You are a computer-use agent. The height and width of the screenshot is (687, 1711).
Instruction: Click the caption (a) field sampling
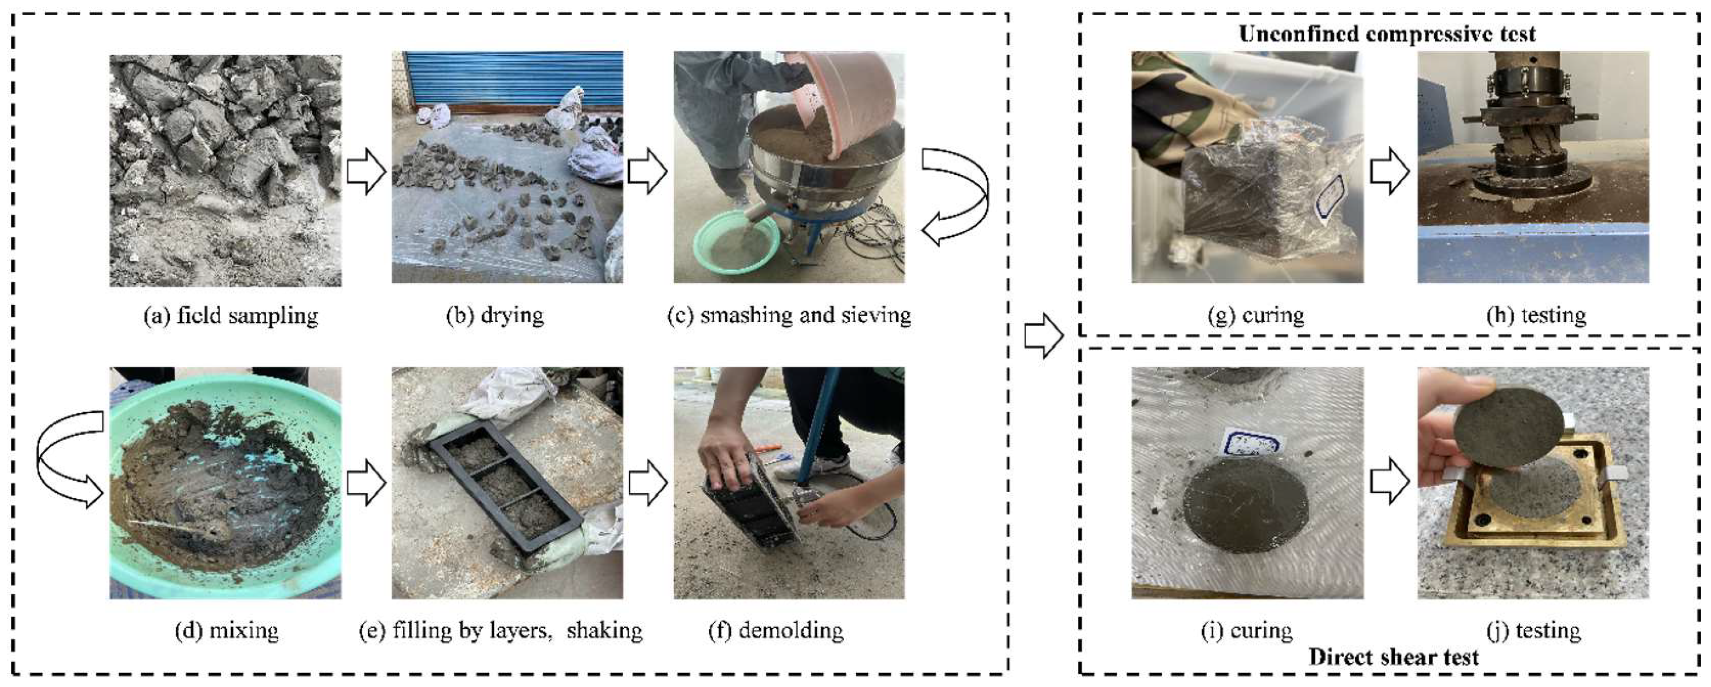230,315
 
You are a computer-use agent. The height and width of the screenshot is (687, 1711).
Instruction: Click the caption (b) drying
494,315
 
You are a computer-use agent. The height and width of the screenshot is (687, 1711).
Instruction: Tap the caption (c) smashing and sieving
789,315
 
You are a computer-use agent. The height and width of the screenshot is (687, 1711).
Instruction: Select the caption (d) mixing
227,630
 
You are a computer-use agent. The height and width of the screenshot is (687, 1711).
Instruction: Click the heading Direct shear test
1393,657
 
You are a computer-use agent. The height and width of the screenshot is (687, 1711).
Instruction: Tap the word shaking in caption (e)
604,630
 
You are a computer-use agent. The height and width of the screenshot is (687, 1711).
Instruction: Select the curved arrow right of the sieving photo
954,196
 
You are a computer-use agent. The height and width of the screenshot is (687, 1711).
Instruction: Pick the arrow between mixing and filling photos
366,484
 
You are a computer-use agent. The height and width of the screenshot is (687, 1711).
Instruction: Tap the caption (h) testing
1536,315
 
